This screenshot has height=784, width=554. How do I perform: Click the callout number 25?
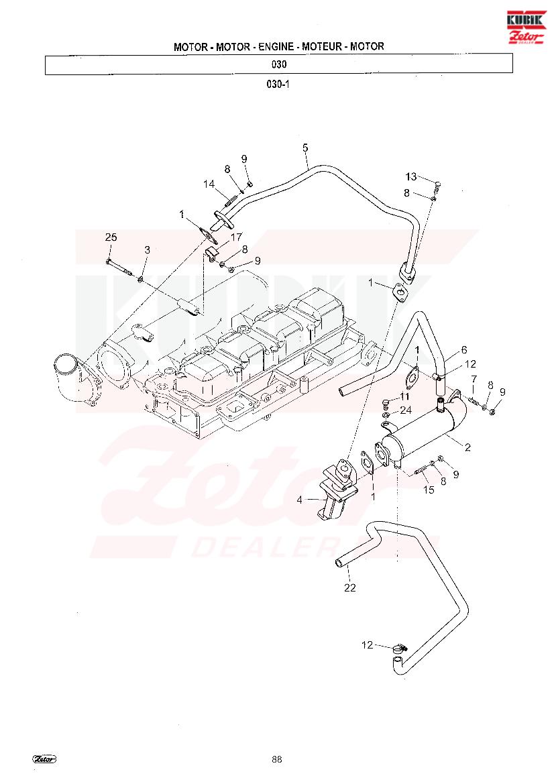(111, 237)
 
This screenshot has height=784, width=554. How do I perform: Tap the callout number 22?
(350, 588)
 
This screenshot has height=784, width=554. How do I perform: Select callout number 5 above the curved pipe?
(305, 148)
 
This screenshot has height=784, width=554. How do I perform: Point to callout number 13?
(411, 176)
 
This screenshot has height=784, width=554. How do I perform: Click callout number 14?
(209, 184)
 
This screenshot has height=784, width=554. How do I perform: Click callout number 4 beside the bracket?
(300, 500)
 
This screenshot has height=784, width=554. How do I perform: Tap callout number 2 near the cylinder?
(467, 447)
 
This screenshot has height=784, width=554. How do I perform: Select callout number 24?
(406, 410)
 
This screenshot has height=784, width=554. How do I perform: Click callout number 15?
(429, 490)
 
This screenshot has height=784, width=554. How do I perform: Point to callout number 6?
(464, 350)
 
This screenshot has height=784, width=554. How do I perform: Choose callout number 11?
(404, 396)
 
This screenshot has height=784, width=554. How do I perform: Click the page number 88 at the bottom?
(277, 759)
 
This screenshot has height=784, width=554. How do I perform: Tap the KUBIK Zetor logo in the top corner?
(527, 27)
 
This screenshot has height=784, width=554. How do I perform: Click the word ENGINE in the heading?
(276, 46)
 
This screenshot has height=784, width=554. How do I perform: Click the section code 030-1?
(278, 84)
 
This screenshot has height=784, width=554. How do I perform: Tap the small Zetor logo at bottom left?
(44, 759)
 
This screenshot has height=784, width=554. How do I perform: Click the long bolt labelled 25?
(121, 268)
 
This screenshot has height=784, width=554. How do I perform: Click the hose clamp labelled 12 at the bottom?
(400, 649)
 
